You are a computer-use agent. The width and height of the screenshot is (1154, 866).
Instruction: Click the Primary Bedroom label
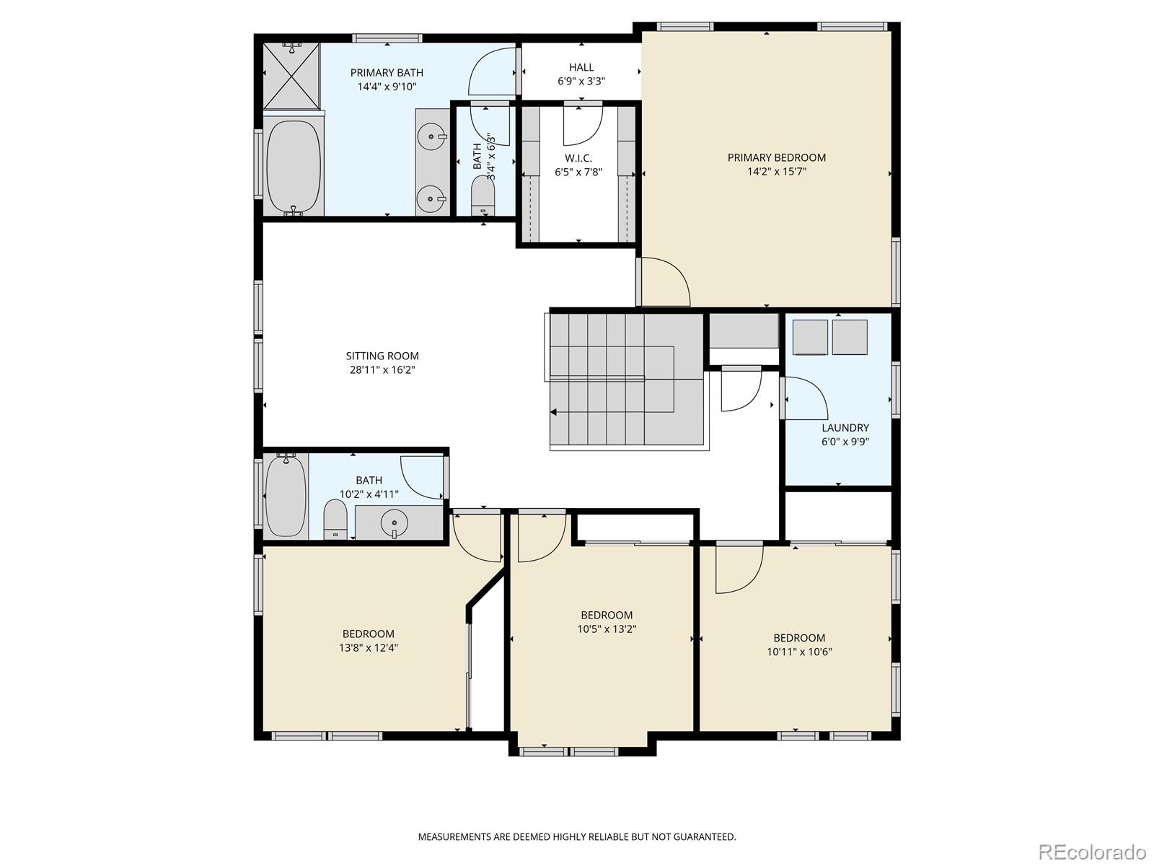click(x=776, y=157)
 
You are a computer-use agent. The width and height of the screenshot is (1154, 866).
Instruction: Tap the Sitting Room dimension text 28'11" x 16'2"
click(x=382, y=370)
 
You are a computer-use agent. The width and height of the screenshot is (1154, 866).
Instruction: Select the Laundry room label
click(x=845, y=427)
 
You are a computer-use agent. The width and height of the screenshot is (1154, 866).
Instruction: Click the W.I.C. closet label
click(x=578, y=158)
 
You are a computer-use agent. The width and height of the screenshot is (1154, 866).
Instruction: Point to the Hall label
click(x=581, y=67)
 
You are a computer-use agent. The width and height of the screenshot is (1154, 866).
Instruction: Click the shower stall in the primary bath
click(x=291, y=75)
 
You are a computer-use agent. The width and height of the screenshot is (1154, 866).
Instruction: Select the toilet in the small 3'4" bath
click(x=483, y=194)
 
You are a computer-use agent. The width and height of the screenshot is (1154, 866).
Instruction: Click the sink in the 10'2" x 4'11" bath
click(x=395, y=520)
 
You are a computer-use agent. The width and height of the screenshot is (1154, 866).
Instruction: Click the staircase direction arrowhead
click(x=554, y=412)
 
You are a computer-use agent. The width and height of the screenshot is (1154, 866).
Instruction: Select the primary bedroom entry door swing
click(x=665, y=282)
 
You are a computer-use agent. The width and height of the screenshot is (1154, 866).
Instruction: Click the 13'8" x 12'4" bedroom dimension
click(x=369, y=648)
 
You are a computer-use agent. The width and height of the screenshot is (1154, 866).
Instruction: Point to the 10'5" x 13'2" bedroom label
click(x=607, y=615)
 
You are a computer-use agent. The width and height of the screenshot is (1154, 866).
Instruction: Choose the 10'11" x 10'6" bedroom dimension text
click(x=799, y=652)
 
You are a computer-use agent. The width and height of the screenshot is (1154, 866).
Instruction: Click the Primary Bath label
click(x=387, y=72)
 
